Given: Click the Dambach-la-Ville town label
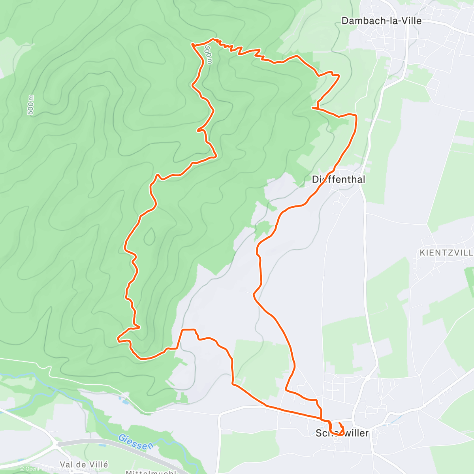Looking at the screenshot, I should tap(381, 21).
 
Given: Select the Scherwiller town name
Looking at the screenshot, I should tap(342, 433).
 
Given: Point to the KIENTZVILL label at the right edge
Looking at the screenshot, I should tap(446, 252).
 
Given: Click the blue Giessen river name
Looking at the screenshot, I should tap(135, 442).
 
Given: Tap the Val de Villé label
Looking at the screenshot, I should tap(84, 465).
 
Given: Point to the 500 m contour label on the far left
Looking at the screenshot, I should tap(30, 105).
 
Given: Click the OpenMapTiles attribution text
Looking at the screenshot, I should tap(39, 469).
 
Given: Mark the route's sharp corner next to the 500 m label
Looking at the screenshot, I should tap(192, 45).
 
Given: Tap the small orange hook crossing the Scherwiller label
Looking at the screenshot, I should tap(340, 429).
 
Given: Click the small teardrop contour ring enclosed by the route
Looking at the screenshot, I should tap(149, 237).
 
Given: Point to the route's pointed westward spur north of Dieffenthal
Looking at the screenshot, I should tap(313, 107).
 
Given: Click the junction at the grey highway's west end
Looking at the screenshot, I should tap(58, 444).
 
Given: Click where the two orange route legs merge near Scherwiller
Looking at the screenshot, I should tap(321, 418).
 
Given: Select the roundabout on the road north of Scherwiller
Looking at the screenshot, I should tap(367, 378).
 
